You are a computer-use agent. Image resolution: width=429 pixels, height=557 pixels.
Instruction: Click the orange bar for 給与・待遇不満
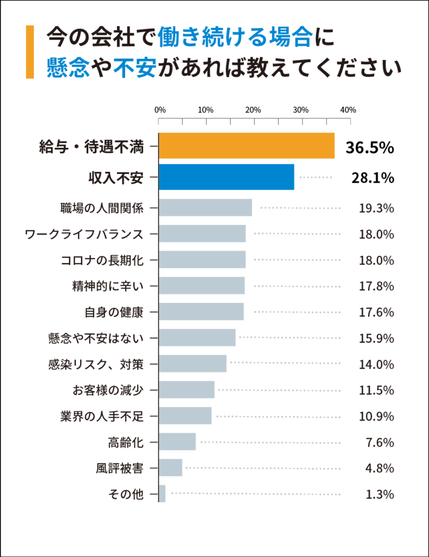click(x=246, y=146)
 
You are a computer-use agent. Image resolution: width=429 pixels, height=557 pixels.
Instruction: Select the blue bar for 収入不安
click(x=226, y=177)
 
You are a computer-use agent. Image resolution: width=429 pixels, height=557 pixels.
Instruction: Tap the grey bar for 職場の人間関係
click(x=205, y=208)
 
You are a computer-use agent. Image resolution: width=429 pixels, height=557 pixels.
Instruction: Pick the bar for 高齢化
click(x=177, y=442)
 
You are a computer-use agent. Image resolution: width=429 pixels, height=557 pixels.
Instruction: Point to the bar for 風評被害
click(x=170, y=468)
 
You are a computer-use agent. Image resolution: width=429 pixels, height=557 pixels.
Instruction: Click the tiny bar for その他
click(x=162, y=494)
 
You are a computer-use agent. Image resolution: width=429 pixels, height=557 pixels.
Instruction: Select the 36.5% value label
click(x=370, y=147)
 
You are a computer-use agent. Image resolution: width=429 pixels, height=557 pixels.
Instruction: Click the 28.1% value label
click(x=370, y=178)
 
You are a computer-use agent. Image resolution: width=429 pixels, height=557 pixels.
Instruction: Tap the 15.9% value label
click(x=376, y=338)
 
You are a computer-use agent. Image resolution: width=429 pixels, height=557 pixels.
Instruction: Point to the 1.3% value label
click(x=379, y=494)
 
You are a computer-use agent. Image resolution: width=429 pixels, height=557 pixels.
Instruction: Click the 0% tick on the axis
click(x=160, y=110)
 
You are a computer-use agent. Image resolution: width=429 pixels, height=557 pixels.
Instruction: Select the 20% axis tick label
click(x=253, y=110)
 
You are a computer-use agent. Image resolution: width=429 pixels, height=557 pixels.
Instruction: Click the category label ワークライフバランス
click(x=84, y=234)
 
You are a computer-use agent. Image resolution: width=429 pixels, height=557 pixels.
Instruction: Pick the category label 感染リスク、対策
click(x=95, y=364)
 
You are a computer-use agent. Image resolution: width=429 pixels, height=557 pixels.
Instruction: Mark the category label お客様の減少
click(x=108, y=390)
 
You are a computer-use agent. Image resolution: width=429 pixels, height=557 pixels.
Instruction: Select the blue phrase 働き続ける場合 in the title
click(x=235, y=38)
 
